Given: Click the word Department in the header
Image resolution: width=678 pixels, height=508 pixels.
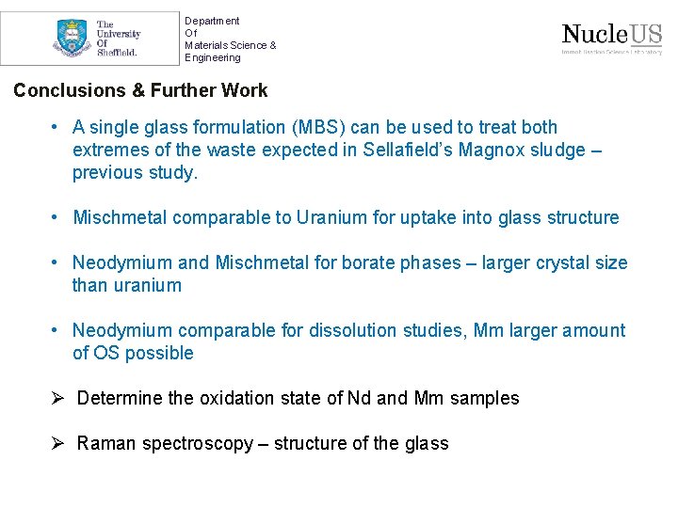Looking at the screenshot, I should pos(212,21).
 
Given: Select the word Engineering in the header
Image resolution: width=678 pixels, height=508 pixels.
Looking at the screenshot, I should pos(213,57).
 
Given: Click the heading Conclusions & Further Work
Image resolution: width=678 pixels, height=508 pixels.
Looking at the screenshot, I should pos(140,91).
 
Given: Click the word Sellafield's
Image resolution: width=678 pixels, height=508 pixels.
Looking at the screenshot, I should pos(407,151).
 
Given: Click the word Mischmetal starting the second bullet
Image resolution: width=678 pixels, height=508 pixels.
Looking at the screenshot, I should pos(122,218).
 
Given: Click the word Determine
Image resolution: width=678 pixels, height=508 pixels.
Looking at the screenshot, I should pos(120,399).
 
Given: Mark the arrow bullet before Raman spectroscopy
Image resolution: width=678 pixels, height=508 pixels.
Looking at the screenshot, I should pos(58,443).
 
